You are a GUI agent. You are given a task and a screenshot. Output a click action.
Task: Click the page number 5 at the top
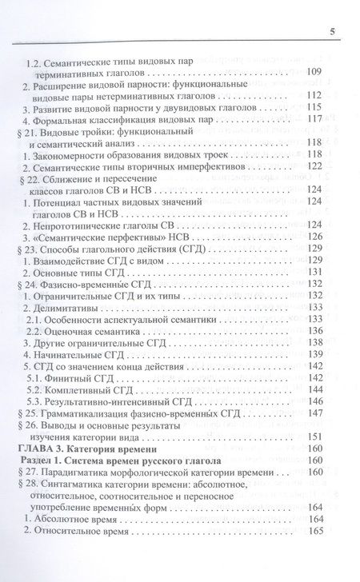[x=330, y=31]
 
